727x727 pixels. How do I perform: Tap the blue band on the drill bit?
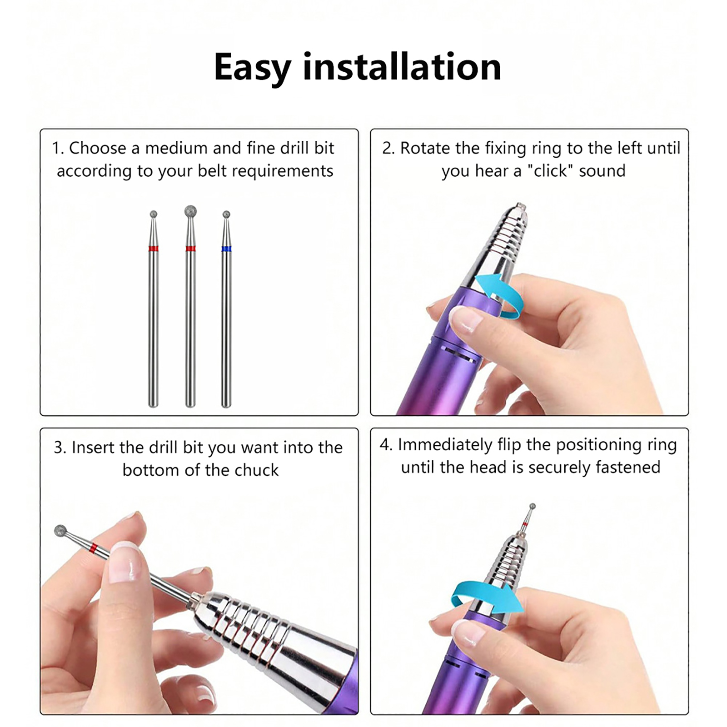point(226,249)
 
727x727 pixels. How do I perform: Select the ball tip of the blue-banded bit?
point(226,214)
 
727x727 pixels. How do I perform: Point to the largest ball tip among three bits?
point(191,211)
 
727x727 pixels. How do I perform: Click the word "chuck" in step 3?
point(257,470)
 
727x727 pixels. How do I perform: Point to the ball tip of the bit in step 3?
point(60,531)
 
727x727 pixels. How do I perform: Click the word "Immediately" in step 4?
point(445,445)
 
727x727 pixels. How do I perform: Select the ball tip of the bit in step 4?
point(533,506)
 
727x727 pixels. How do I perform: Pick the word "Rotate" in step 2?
point(423,149)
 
